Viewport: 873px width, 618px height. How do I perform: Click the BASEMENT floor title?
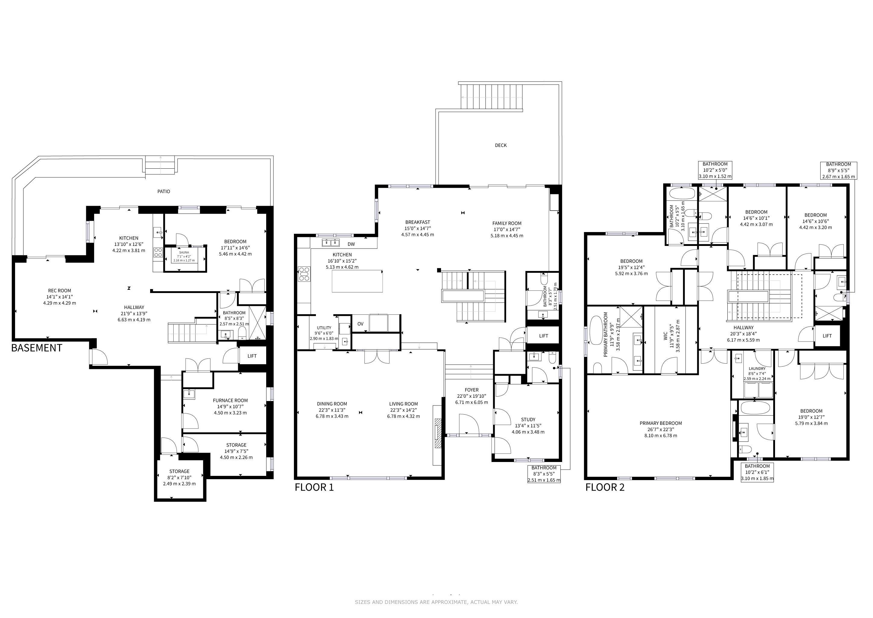pyautogui.click(x=36, y=348)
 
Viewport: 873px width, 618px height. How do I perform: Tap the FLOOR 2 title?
pyautogui.click(x=605, y=487)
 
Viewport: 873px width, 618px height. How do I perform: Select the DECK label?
pyautogui.click(x=501, y=145)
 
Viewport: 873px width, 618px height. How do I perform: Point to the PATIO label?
pyautogui.click(x=164, y=191)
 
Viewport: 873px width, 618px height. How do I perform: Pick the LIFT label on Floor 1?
pyautogui.click(x=544, y=336)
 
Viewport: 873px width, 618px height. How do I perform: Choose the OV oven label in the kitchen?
pyautogui.click(x=361, y=324)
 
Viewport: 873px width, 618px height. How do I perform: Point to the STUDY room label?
pyautogui.click(x=528, y=419)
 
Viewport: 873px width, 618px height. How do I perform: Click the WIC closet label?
pyautogui.click(x=665, y=336)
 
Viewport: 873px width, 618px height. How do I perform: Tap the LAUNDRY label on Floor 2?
pyautogui.click(x=757, y=369)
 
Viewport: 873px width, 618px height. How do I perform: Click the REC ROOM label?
pyautogui.click(x=60, y=291)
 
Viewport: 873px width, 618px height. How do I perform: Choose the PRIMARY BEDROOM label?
pyautogui.click(x=661, y=423)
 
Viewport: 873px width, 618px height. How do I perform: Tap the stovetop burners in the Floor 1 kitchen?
pyautogui.click(x=304, y=274)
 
